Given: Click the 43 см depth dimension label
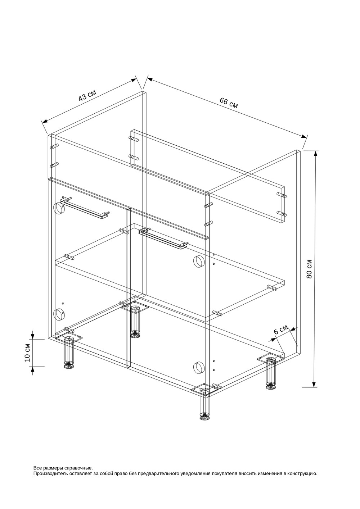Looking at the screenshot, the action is pyautogui.click(x=87, y=95).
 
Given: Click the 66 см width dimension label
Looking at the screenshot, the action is pyautogui.click(x=229, y=103).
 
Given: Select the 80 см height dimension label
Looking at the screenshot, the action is pyautogui.click(x=309, y=269).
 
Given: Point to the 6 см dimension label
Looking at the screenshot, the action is pyautogui.click(x=280, y=330).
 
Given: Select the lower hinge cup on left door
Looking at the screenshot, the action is pyautogui.click(x=59, y=315).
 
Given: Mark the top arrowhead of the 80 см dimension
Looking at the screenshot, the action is pyautogui.click(x=315, y=154).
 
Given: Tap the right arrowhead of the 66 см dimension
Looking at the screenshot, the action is pyautogui.click(x=303, y=136).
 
